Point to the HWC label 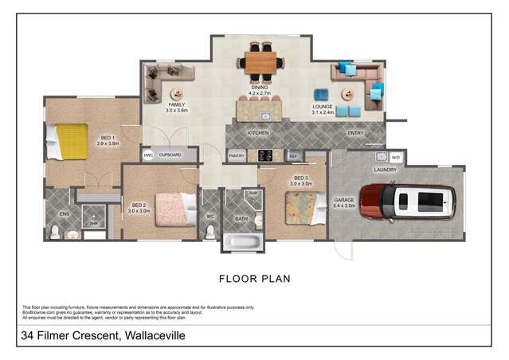pos(148,155)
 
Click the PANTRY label pos(237,156)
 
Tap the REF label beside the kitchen pos(293,156)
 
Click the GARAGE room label pos(344,202)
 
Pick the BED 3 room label pos(301,178)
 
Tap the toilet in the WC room pos(210,230)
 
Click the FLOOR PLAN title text pos(254,279)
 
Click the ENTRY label pos(355,133)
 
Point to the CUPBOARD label pos(170,155)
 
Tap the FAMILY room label pos(176,105)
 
